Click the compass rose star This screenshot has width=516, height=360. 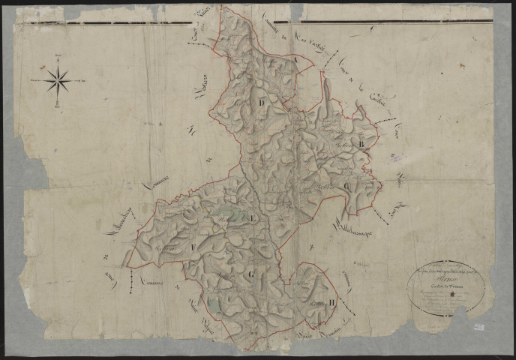pos(58,79)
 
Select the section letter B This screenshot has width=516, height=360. pos(361,142)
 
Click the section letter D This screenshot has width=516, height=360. pos(262,103)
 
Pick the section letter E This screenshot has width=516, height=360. pos(253,217)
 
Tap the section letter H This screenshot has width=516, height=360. pos(331,303)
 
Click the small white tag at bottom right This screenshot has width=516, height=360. pos(478,326)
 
